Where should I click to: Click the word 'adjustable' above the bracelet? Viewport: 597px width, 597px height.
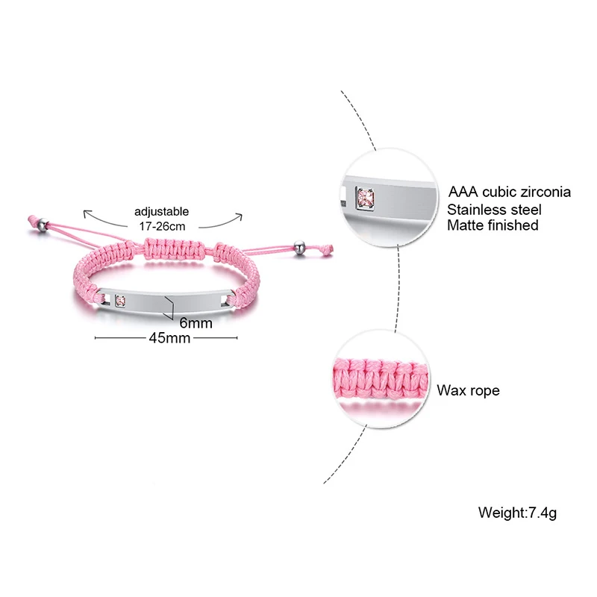coord(162,211)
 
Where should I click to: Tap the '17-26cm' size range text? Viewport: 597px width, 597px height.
coord(162,224)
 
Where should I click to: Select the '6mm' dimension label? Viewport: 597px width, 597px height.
coord(196,323)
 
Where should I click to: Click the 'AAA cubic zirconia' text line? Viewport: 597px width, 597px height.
coord(510,192)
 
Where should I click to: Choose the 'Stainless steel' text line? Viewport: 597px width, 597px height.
coord(495,209)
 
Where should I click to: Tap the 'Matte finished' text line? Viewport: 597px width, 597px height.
coord(493,225)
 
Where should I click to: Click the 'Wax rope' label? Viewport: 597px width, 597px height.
coord(468,390)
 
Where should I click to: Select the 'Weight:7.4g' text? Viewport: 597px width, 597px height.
coord(518,513)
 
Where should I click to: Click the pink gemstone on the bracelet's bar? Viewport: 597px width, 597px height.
coord(119,301)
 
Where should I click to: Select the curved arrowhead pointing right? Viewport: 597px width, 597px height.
coord(240,217)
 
